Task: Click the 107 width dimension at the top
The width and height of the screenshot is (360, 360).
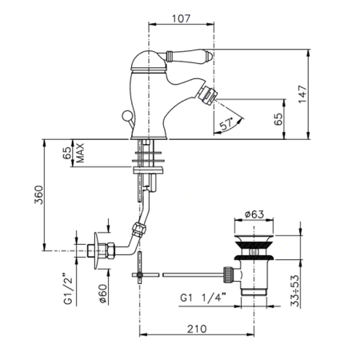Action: coord(182,18)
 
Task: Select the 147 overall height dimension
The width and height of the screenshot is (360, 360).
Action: coord(302,94)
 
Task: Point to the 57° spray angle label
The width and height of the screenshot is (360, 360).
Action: coord(226,123)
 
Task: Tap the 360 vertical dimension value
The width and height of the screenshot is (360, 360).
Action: coord(38,194)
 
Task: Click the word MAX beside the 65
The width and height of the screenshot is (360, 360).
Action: coord(80,153)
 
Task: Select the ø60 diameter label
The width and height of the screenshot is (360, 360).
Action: coord(103,294)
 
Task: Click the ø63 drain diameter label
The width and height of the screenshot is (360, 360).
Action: coord(254,214)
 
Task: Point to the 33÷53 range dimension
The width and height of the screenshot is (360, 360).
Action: coord(295,291)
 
